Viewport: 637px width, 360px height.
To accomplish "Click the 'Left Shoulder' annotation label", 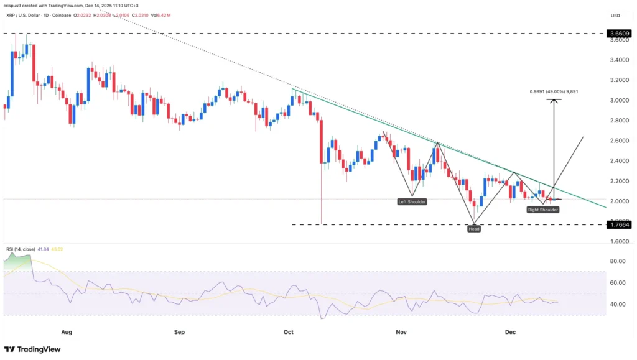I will pyautogui.click(x=412, y=201).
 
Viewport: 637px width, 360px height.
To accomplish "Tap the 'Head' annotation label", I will pyautogui.click(x=474, y=229).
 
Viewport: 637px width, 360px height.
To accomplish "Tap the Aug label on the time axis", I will pyautogui.click(x=67, y=332).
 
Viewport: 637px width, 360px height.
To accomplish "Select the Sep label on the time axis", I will pyautogui.click(x=180, y=332).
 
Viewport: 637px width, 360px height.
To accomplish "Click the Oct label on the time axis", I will pyautogui.click(x=289, y=332).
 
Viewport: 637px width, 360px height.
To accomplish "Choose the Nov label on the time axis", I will pyautogui.click(x=401, y=332).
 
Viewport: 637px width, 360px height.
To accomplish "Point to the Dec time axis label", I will pyautogui.click(x=511, y=332).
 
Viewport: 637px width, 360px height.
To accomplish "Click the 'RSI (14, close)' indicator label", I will pyautogui.click(x=21, y=249).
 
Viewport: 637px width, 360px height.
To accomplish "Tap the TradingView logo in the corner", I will pyautogui.click(x=35, y=349).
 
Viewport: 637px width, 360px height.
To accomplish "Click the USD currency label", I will pyautogui.click(x=615, y=15).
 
